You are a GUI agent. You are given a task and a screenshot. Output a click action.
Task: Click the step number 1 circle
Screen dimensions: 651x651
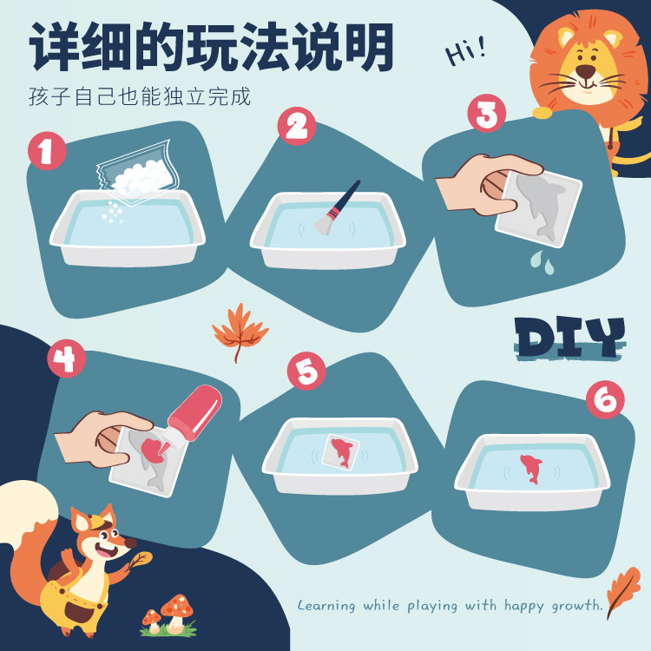click(47, 152)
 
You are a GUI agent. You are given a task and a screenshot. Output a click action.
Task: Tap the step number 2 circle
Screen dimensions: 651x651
click(297, 127)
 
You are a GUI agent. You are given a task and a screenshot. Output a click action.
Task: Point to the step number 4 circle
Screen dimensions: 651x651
click(66, 358)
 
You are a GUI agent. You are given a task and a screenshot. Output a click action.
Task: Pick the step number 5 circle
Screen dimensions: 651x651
click(306, 372)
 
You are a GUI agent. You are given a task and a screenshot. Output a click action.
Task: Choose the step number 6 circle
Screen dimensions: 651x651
click(605, 400)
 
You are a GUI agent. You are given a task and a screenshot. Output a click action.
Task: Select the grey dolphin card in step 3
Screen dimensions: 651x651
click(538, 204)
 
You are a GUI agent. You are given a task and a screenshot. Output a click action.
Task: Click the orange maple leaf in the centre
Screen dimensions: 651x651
click(240, 329)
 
